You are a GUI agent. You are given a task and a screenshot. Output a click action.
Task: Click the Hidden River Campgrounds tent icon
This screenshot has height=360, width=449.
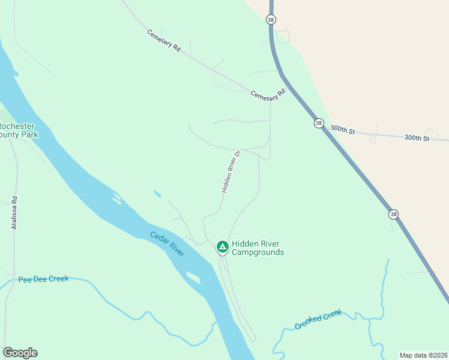tap(222, 246)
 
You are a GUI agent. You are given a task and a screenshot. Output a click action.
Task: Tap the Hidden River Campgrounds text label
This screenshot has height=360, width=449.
tap(258, 248)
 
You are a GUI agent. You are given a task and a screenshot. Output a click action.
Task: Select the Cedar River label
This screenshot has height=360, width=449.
tap(167, 244)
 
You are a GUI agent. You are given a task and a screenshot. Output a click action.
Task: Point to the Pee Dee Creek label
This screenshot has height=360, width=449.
tap(43, 279)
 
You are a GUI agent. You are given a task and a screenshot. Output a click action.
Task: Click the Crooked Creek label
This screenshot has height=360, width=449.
tap(318, 319)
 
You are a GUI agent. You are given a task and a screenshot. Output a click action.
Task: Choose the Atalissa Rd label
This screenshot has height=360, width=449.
tap(14, 213)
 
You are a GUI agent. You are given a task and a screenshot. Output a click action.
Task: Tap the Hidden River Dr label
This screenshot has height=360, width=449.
tap(231, 171)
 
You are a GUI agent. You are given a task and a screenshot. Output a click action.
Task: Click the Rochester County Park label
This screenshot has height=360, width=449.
tap(18, 130)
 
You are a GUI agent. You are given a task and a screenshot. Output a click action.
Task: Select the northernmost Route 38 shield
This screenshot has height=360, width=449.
tap(271, 19)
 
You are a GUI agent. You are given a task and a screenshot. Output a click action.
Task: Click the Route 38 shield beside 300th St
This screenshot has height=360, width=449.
tap(318, 123)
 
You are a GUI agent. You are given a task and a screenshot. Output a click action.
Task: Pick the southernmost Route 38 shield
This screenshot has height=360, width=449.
tap(393, 214)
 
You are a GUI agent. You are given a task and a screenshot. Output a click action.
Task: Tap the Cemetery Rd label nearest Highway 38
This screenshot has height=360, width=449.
tap(268, 95)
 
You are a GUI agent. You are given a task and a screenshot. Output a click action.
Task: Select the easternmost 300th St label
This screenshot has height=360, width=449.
tap(417, 138)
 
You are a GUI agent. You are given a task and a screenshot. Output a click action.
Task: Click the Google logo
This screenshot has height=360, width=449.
tap(20, 353)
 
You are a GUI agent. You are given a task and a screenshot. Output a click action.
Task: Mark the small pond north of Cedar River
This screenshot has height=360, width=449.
tap(157, 193)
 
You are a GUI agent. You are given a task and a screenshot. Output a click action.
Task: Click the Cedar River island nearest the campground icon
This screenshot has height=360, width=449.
tap(193, 277)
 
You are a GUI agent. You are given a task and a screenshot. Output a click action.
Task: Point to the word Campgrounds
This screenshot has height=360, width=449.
tap(258, 253)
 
